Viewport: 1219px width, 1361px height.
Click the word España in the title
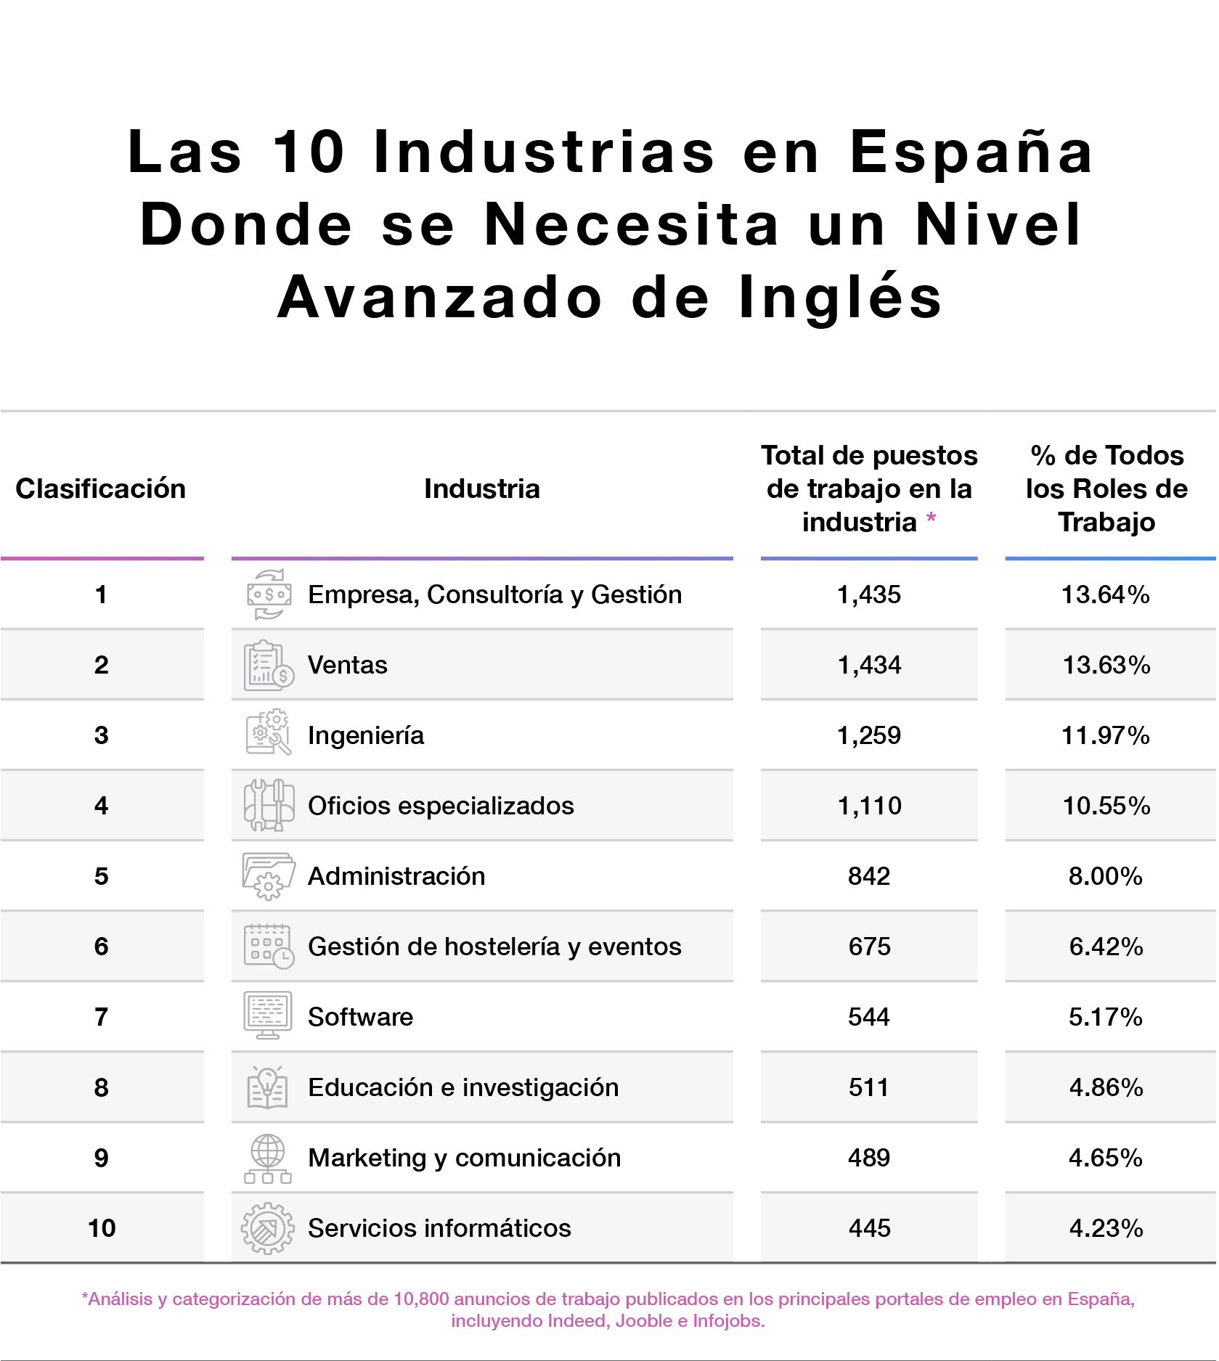[971, 153]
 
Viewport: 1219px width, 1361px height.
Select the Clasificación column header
[101, 489]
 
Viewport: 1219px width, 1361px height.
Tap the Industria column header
[481, 489]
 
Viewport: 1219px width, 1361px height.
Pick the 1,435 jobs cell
[868, 594]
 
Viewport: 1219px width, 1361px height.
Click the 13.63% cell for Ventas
[1106, 665]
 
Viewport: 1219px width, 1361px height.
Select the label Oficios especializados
[441, 806]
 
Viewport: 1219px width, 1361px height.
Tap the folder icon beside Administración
[268, 875]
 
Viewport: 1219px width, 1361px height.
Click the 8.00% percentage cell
[1105, 876]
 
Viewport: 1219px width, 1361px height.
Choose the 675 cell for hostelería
[869, 947]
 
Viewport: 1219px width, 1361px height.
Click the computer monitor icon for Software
[268, 1015]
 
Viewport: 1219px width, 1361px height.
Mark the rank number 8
[101, 1087]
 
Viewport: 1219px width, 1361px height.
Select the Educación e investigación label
[463, 1087]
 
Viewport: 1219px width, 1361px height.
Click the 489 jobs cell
[868, 1158]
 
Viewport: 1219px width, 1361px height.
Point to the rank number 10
[102, 1228]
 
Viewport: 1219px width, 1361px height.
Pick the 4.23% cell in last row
[1106, 1228]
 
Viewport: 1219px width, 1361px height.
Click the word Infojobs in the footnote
[727, 1320]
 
